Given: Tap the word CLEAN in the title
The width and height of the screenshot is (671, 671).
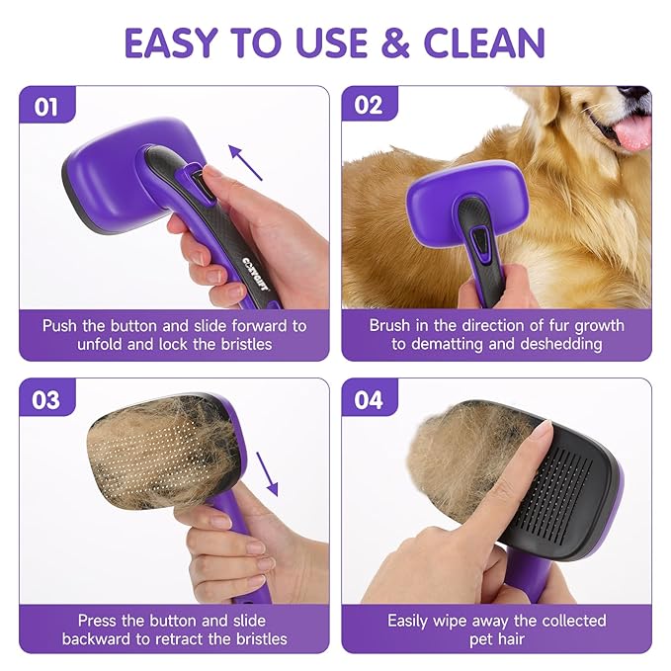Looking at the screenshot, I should pyautogui.click(x=485, y=42).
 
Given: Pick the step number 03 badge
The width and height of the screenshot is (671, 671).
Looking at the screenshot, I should pyautogui.click(x=46, y=399).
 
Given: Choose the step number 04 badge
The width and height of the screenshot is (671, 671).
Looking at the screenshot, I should pyautogui.click(x=369, y=399).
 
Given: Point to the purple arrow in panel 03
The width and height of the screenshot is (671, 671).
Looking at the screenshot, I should pyautogui.click(x=267, y=472).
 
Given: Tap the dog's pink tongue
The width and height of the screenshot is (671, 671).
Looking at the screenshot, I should pyautogui.click(x=632, y=131).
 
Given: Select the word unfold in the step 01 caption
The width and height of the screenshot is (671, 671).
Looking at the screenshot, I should pyautogui.click(x=102, y=344).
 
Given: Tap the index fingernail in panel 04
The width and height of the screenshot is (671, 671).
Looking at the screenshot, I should pyautogui.click(x=542, y=432).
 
